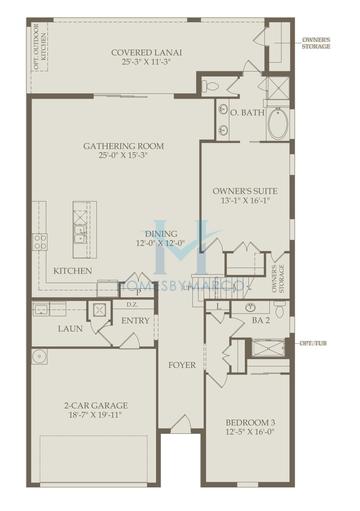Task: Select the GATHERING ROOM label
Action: point(123,146)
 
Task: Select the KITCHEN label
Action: point(73,271)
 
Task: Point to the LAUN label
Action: point(70,328)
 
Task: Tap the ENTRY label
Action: point(135,321)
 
